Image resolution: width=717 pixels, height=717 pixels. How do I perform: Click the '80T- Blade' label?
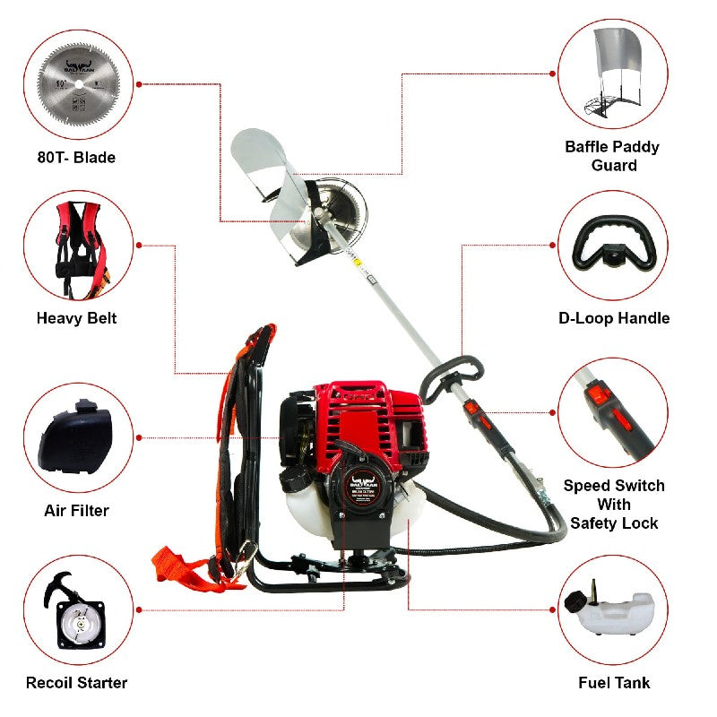click(76, 158)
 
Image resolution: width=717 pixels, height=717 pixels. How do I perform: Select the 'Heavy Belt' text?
click(76, 318)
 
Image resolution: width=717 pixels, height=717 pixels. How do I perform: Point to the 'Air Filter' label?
click(76, 511)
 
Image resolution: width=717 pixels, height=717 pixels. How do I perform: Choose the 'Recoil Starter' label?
click(76, 683)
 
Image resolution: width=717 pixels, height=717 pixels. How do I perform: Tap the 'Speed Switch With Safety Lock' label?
click(614, 505)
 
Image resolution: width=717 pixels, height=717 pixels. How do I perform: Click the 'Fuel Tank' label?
click(614, 683)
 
